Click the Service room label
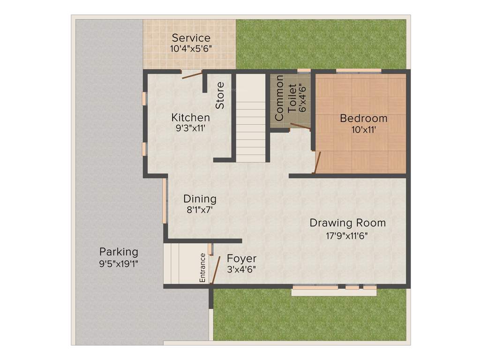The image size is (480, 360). (191, 38)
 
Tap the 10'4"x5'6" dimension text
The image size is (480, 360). (191, 48)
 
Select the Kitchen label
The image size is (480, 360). (190, 117)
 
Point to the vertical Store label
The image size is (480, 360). (220, 96)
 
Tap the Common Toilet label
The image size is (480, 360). (286, 98)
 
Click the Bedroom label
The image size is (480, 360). (364, 118)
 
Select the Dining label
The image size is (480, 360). (200, 199)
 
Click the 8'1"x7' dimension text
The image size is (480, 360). (200, 210)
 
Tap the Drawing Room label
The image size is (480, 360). (347, 223)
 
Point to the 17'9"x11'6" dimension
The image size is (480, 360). (347, 236)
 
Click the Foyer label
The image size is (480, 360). (241, 259)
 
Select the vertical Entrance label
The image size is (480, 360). (202, 267)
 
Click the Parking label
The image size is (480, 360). (119, 252)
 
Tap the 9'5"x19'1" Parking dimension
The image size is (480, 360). (119, 263)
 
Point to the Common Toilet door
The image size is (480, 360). (300, 125)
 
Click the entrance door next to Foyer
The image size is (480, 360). (216, 270)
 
